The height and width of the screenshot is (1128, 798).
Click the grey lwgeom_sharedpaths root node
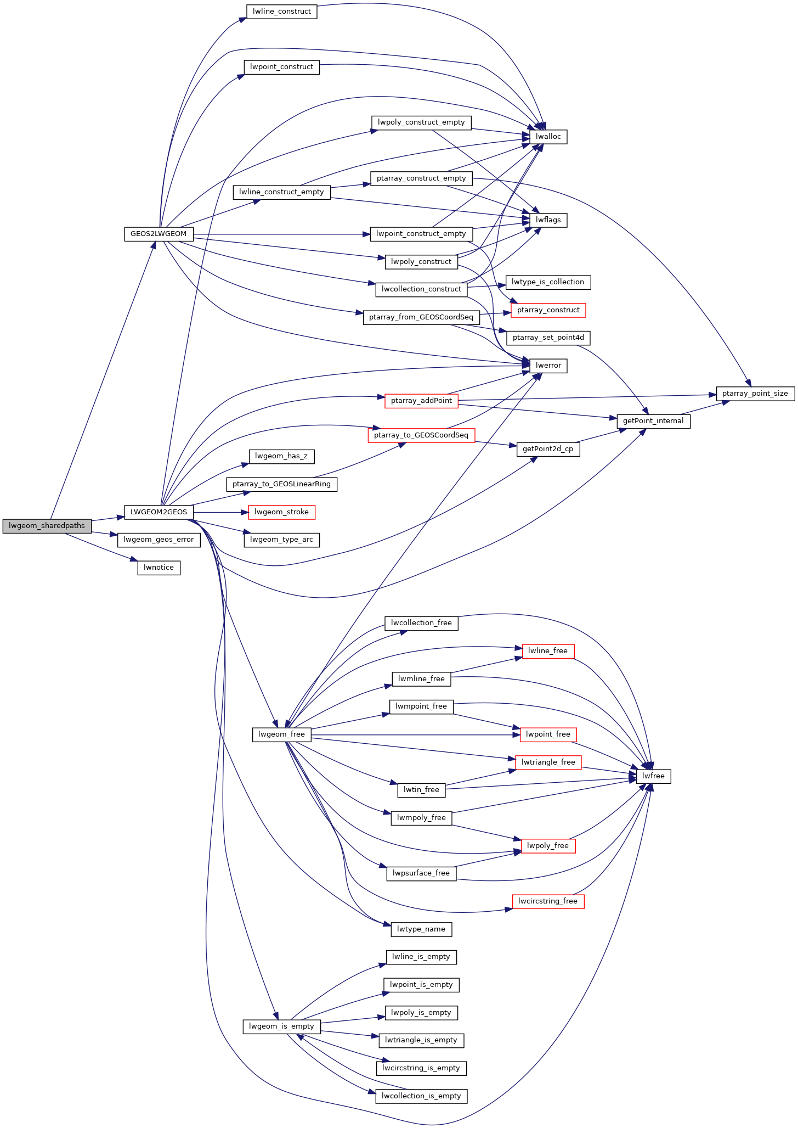tap(47, 526)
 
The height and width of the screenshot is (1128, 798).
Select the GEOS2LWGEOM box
tap(159, 234)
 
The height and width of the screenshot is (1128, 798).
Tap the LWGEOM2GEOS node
tap(159, 512)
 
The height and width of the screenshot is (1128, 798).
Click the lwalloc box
tap(548, 137)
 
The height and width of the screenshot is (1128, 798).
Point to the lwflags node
tap(548, 220)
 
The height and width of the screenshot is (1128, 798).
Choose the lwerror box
tap(548, 366)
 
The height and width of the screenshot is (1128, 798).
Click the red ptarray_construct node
tap(548, 310)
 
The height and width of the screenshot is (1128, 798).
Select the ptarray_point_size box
tap(755, 394)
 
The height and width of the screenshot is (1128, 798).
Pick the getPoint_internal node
tap(653, 421)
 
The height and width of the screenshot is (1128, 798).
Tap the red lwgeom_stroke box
tap(282, 512)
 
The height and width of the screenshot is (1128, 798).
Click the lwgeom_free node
tap(282, 734)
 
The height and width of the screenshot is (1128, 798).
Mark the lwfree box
tap(653, 776)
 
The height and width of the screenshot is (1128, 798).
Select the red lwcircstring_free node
tap(548, 901)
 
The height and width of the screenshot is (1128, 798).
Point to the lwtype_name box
tap(421, 929)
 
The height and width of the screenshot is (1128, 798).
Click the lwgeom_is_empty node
tap(282, 1026)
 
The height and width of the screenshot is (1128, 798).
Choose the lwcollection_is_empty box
tap(421, 1096)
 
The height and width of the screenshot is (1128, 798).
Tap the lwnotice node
tap(159, 568)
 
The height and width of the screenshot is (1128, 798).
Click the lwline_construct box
tap(282, 12)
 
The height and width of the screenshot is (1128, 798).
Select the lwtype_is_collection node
tap(548, 282)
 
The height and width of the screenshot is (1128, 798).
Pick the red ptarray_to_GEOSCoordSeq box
tap(421, 435)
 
